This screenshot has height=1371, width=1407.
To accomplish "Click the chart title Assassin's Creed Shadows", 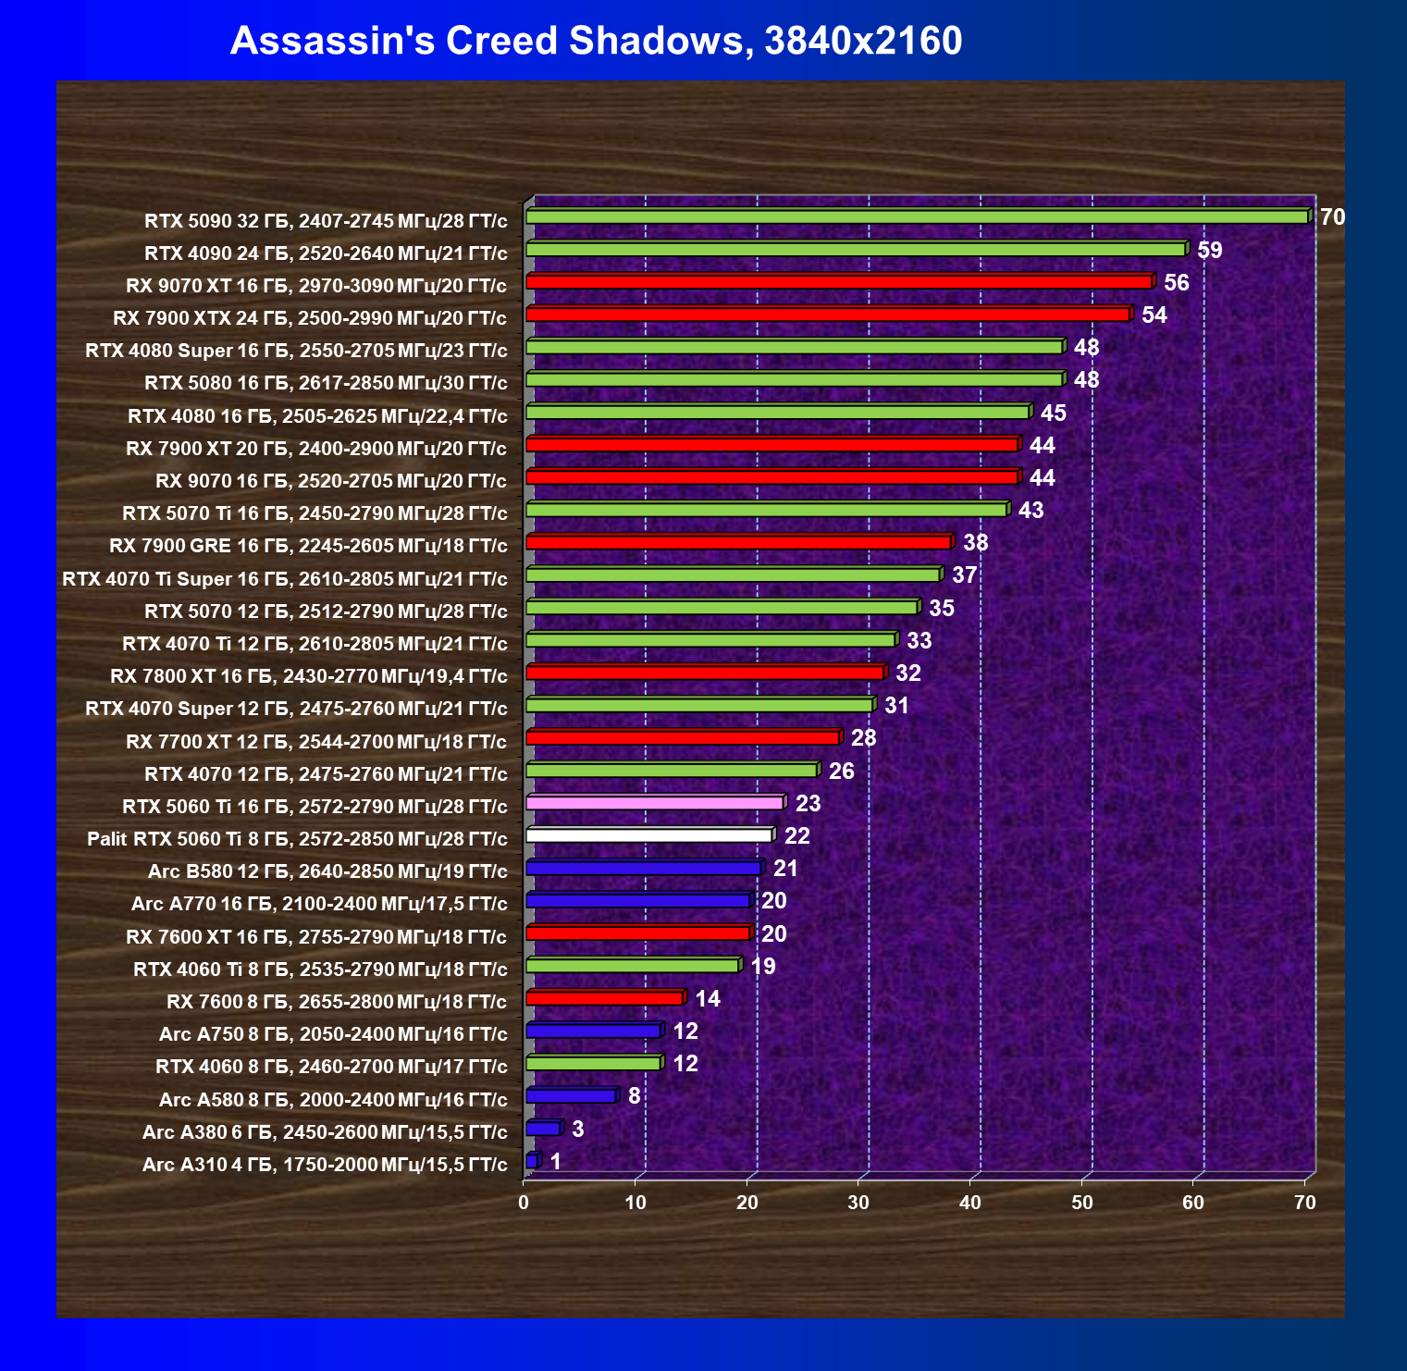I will tap(596, 41).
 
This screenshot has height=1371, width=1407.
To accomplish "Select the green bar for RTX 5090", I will tap(916, 216).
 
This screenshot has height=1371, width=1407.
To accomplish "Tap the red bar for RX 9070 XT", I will tap(838, 282).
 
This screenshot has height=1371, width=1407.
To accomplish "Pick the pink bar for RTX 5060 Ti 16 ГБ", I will tap(654, 803).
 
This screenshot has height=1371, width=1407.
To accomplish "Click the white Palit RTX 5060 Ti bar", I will tap(648, 835).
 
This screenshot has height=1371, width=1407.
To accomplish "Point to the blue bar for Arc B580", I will tap(643, 868).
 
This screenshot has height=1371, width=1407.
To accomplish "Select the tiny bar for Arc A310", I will tap(531, 1161).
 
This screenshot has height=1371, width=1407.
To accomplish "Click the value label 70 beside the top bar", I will tap(1332, 217).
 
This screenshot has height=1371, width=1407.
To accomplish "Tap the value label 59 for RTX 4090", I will tap(1209, 250).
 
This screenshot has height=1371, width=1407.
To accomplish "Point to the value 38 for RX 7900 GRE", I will tap(975, 542).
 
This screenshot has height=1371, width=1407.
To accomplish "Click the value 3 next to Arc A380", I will tap(577, 1129).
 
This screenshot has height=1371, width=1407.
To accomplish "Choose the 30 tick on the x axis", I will tap(858, 1202).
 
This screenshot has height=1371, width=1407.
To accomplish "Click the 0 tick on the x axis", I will tap(524, 1202).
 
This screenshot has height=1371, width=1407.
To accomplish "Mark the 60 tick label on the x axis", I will tap(1193, 1202).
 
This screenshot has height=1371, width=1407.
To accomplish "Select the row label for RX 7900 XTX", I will tap(310, 318).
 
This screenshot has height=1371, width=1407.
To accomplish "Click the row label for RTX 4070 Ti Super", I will tap(285, 579).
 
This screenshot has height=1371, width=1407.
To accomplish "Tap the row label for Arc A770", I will tap(319, 904).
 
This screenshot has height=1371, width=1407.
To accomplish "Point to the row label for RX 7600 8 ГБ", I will tap(337, 1001).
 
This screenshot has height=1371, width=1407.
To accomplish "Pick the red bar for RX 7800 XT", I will tap(705, 673).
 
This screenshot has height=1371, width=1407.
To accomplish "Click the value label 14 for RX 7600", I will tap(707, 998).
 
